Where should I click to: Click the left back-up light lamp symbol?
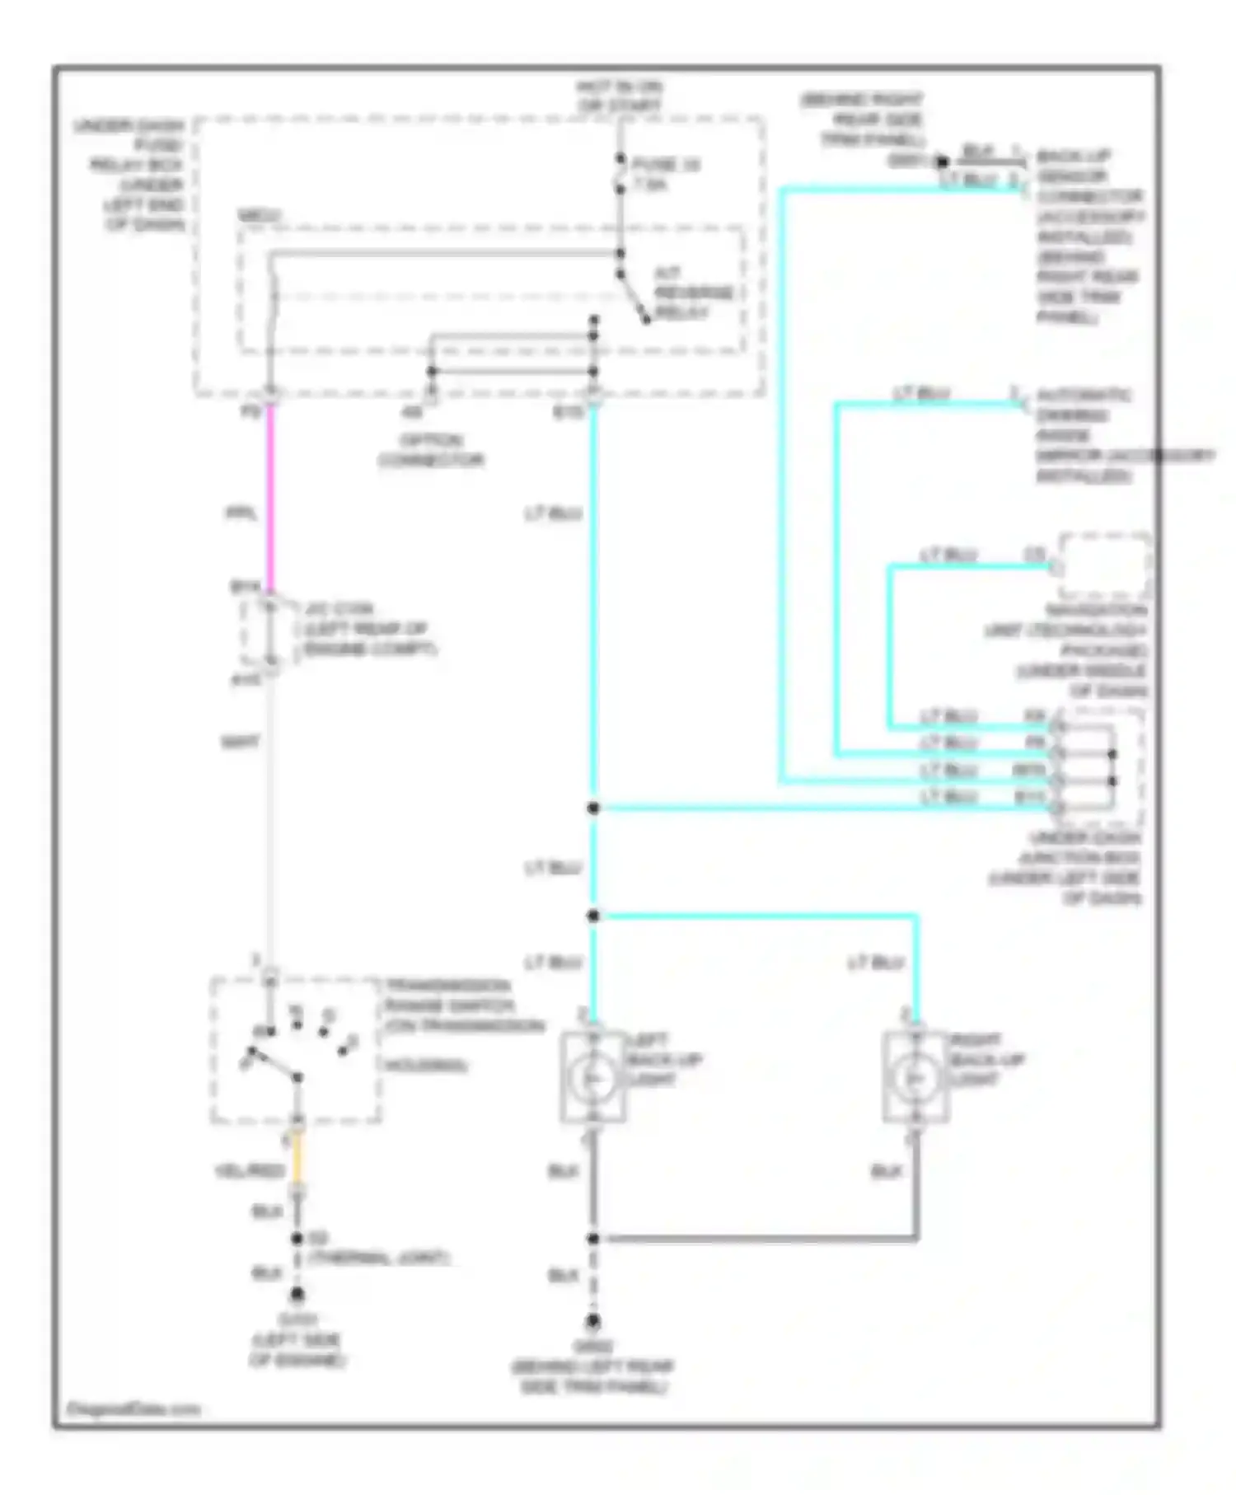[x=592, y=1077]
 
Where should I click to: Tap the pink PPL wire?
[x=269, y=494]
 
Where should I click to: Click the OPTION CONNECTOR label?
[x=431, y=450]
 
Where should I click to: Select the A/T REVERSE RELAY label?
[x=693, y=293]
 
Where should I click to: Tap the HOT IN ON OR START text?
[x=620, y=96]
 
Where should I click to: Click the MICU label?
[x=259, y=216]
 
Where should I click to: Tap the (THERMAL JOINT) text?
[x=378, y=1258]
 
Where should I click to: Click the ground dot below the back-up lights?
[x=592, y=1322]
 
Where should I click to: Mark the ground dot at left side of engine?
[x=297, y=1295]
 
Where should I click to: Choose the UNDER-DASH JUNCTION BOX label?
[x=1079, y=867]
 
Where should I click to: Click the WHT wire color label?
[x=240, y=742]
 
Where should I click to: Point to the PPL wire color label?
[x=241, y=513]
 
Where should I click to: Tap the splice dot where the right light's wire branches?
[x=593, y=916]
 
